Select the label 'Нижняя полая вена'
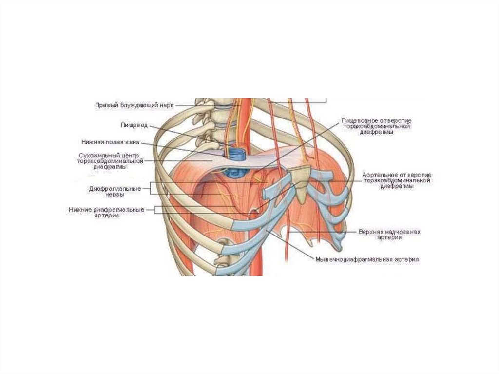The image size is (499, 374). [x=111, y=142]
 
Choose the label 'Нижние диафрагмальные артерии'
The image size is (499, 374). [x=106, y=213]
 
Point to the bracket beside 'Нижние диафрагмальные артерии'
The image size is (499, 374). [x=155, y=210]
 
